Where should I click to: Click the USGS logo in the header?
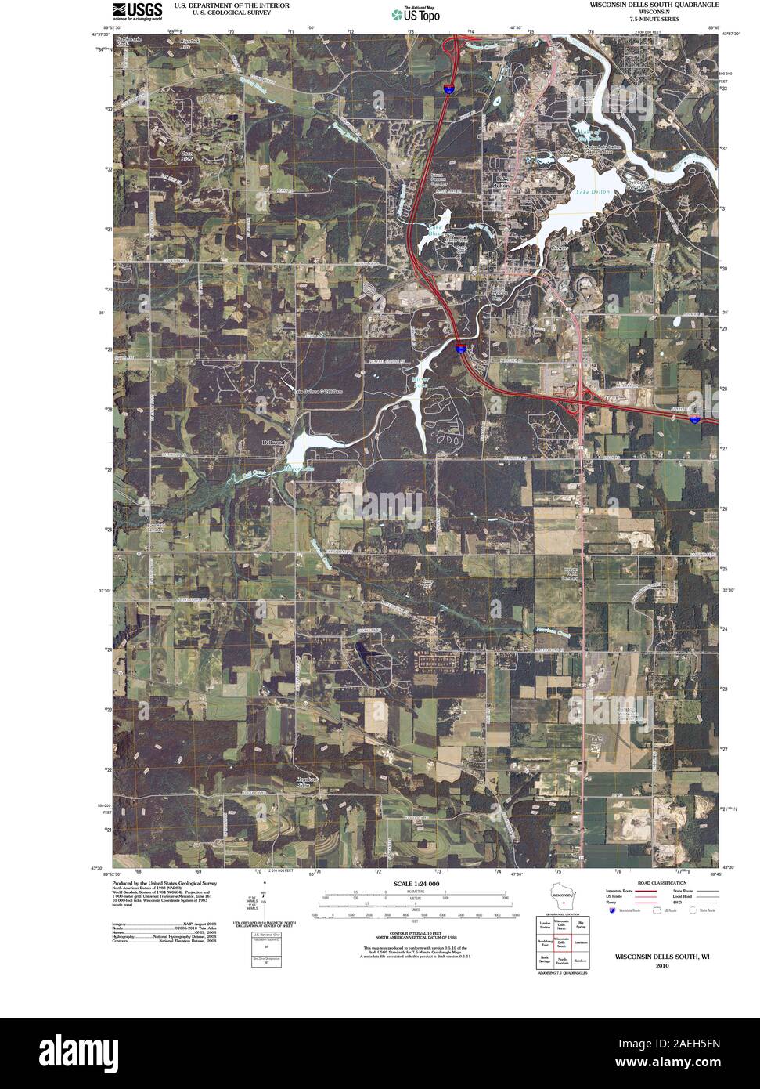coord(137,10)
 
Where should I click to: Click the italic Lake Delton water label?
coord(592,192)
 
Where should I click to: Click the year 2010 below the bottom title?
coord(662,966)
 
